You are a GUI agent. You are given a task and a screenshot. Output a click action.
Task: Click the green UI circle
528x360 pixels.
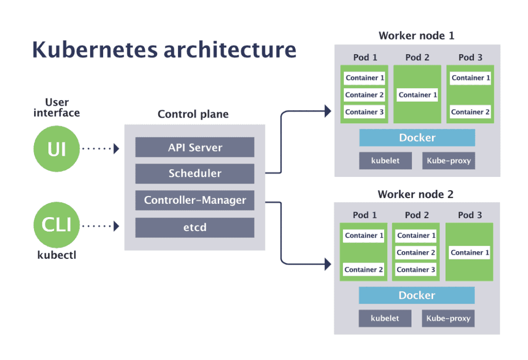click(57, 149)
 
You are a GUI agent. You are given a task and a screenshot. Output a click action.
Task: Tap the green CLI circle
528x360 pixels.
click(57, 225)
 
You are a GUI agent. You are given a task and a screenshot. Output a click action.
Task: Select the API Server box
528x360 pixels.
click(195, 148)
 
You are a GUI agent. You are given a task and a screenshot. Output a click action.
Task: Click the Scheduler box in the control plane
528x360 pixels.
click(195, 174)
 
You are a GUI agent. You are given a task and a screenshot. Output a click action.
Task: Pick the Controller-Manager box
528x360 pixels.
click(195, 200)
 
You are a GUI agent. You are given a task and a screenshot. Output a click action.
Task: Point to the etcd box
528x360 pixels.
click(195, 227)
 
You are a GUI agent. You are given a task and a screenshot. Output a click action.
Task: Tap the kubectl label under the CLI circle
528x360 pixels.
click(57, 255)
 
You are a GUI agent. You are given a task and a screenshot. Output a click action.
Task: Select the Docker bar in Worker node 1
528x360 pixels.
click(417, 138)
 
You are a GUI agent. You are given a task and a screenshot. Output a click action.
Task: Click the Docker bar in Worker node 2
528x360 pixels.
click(417, 296)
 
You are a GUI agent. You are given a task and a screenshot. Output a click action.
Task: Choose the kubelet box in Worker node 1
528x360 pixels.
click(386, 161)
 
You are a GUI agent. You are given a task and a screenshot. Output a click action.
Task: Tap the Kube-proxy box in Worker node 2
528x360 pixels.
click(448, 318)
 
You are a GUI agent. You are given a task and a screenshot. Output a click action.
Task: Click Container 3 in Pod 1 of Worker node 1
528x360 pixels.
click(365, 112)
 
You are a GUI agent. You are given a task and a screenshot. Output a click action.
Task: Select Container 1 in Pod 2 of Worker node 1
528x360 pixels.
click(418, 95)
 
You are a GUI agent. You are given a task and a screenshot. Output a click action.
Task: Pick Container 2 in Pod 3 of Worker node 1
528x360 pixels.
click(470, 112)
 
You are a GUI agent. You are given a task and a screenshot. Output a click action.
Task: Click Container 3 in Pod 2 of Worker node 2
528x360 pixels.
click(416, 269)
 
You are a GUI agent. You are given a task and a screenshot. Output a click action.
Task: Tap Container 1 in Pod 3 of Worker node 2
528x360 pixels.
click(470, 252)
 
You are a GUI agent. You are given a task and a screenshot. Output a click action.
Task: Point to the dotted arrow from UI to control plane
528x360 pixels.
click(100, 149)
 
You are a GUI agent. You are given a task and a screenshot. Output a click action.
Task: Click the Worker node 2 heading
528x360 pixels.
click(416, 194)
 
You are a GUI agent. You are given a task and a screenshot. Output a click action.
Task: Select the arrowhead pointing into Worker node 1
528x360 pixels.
click(326, 110)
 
